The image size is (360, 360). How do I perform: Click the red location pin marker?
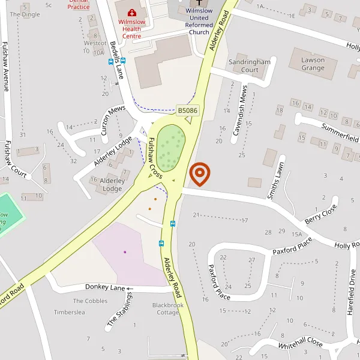199,173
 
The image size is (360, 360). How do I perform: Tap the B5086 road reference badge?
187,110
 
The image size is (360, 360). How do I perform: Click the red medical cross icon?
132,11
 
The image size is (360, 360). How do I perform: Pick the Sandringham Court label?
249,66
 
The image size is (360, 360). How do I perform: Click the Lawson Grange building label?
313,64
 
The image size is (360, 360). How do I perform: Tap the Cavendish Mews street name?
240,110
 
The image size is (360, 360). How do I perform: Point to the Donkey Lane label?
105,288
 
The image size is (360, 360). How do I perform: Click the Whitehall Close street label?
300,345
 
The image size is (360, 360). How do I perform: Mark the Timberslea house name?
70,313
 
